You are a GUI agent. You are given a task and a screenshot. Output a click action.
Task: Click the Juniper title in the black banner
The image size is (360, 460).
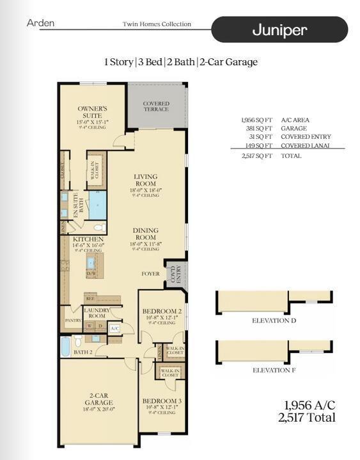[x=279, y=30]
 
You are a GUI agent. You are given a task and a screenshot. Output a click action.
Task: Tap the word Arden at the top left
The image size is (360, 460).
[x=40, y=23]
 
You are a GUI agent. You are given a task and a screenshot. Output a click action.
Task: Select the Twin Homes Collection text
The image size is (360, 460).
[x=157, y=24]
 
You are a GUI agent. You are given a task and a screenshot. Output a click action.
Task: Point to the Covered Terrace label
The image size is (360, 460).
[x=156, y=106]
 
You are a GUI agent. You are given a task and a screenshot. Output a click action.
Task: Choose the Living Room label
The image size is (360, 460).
[x=146, y=180]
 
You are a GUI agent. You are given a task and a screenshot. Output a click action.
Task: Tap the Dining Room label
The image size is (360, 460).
[x=146, y=234]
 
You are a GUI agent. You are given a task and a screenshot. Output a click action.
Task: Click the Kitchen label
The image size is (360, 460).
[x=88, y=239]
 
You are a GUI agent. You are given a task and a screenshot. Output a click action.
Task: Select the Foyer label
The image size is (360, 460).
[x=151, y=274]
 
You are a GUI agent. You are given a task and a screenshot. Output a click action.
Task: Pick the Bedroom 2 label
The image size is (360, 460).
[x=162, y=311]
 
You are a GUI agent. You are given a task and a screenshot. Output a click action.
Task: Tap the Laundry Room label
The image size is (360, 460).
[x=97, y=312]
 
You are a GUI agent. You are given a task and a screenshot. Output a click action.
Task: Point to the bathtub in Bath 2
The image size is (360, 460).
[x=65, y=346]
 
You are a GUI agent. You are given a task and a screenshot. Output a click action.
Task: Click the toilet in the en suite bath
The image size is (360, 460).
[x=99, y=227]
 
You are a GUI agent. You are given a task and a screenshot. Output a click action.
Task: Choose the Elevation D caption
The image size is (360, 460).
[x=274, y=321]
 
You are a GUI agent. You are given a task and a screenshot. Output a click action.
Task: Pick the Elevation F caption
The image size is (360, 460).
[x=274, y=370]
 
